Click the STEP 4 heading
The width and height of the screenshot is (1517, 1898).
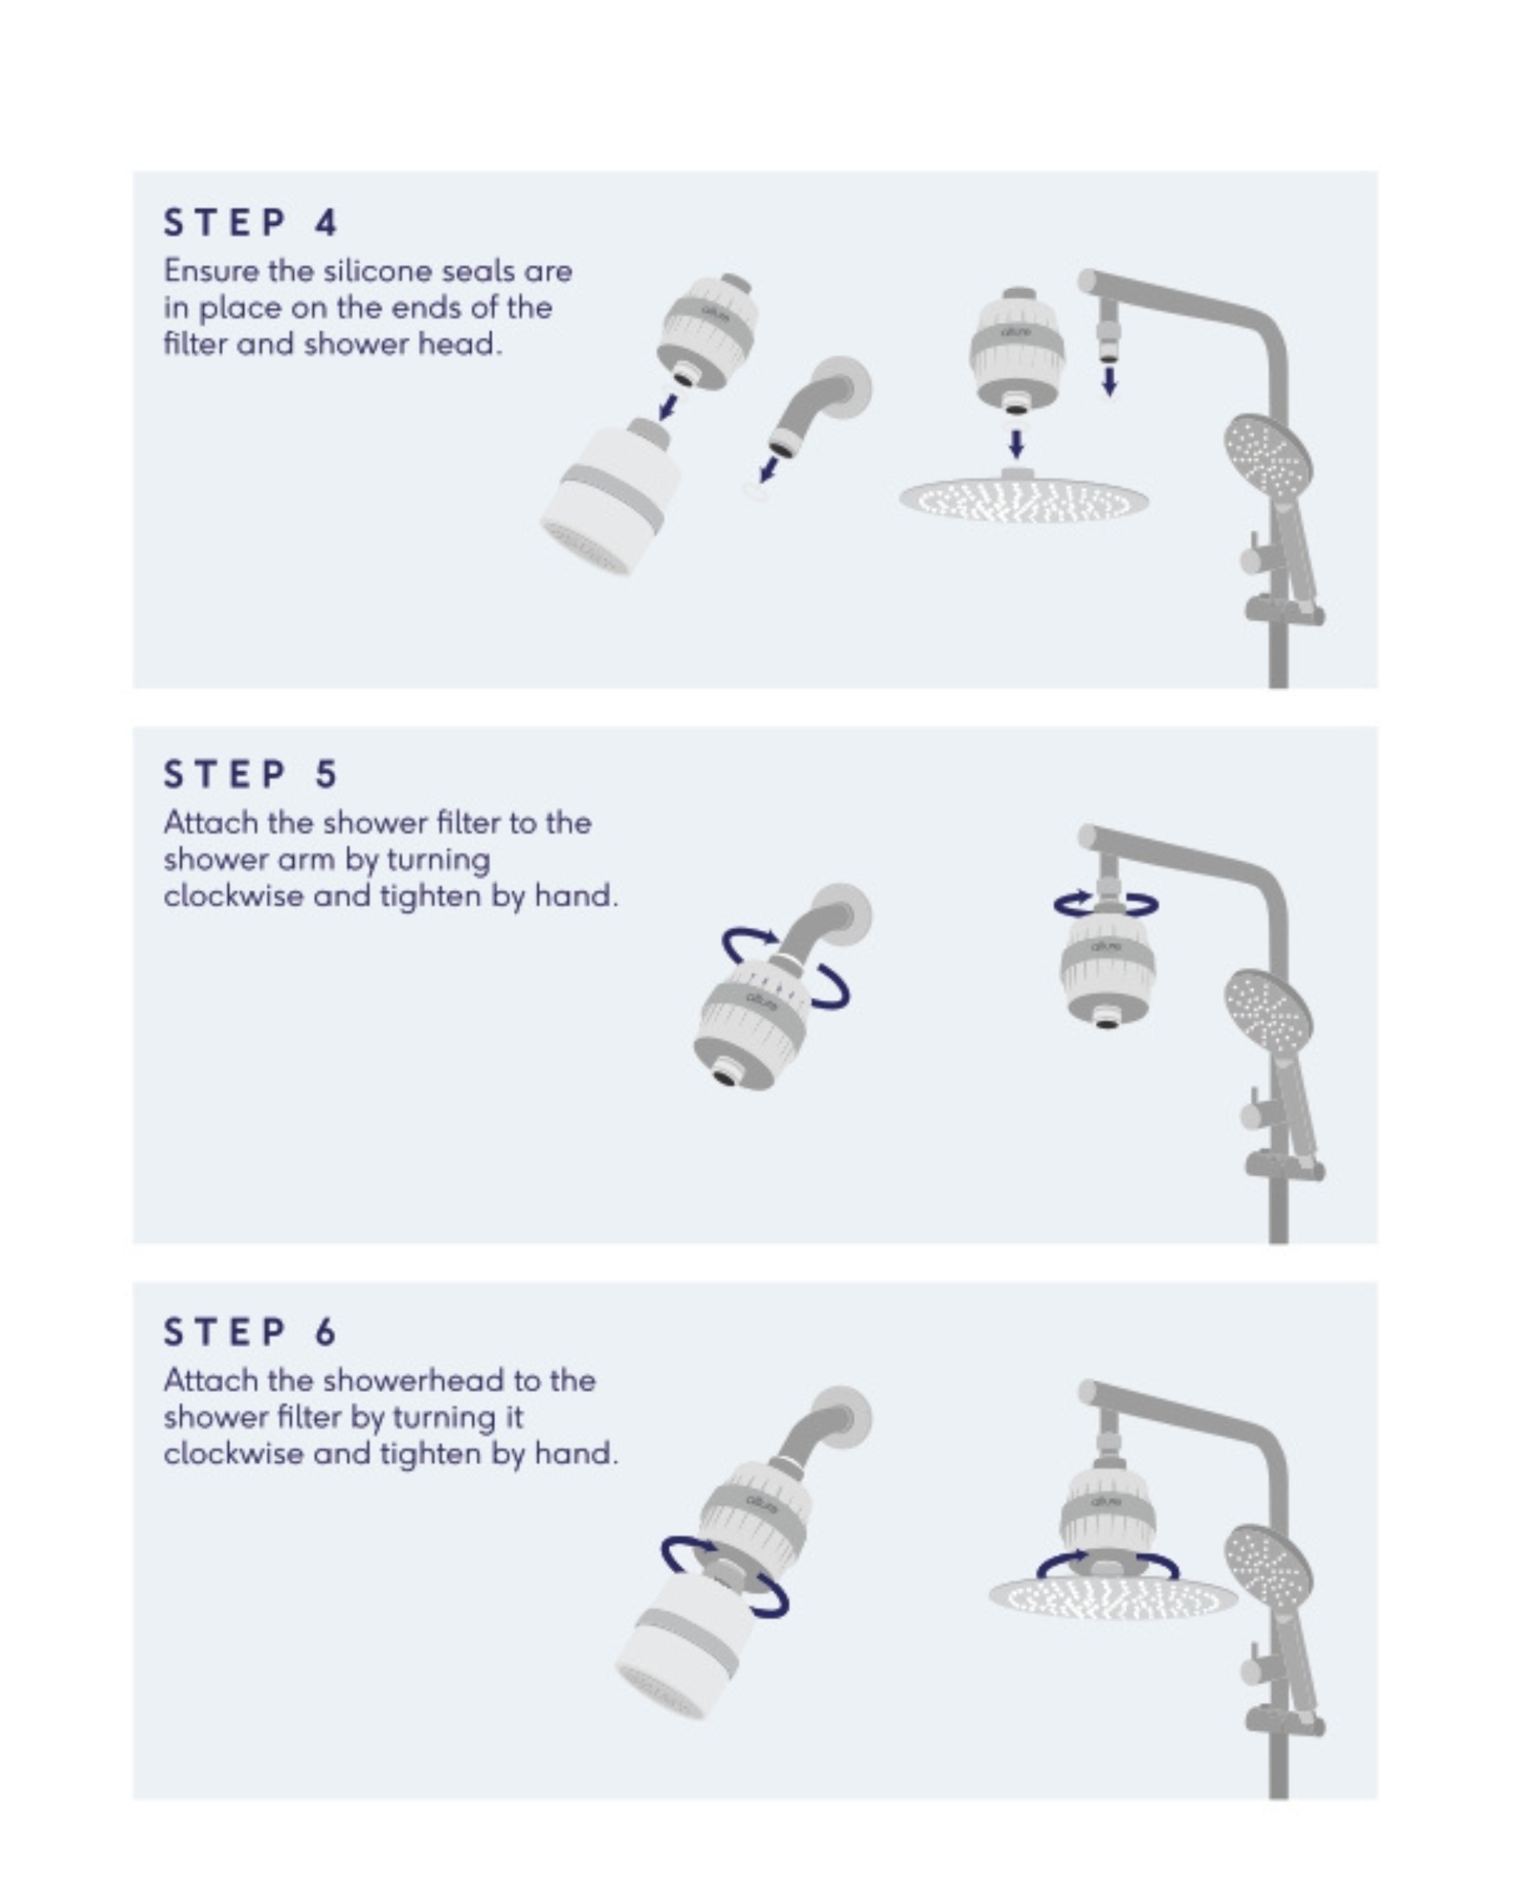tap(250, 222)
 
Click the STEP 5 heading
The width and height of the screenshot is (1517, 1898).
tap(250, 774)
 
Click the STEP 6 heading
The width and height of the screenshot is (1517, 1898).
tap(250, 1332)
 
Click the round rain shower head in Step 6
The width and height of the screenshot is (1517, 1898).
tap(1114, 1594)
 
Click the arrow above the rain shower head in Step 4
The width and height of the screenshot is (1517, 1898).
tap(1016, 443)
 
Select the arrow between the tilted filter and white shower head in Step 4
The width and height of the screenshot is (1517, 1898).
tap(669, 406)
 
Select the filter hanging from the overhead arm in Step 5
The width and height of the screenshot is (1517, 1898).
tap(1107, 965)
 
